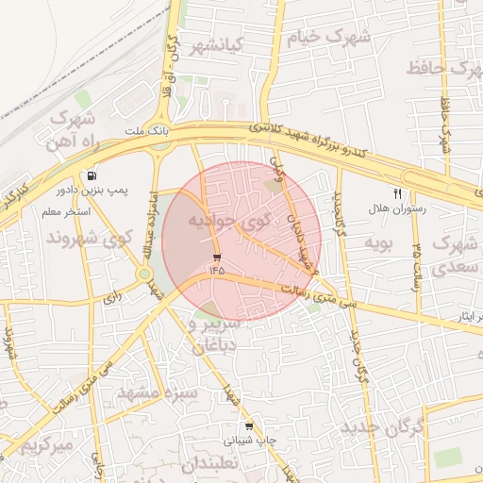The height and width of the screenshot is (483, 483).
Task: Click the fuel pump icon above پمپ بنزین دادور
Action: [x=92, y=175]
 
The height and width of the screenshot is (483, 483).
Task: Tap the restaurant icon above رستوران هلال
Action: [x=397, y=193]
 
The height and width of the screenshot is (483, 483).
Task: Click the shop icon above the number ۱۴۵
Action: [x=218, y=257]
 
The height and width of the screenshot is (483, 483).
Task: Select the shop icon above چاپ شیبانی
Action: [x=248, y=426]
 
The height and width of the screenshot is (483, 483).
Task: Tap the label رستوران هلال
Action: [x=398, y=208]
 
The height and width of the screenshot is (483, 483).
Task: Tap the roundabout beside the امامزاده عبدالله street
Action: [x=144, y=275]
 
